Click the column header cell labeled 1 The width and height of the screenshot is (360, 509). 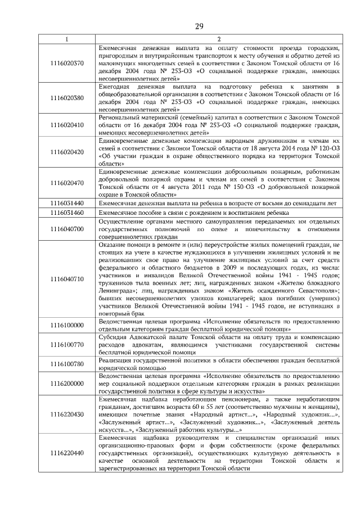coord(66,39)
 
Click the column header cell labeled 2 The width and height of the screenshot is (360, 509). coord(219,39)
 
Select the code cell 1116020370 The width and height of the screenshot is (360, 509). coord(66,63)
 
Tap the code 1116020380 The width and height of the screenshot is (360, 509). coord(66,98)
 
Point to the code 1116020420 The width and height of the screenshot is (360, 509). coord(66,152)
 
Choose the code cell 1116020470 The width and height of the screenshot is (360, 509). coord(66,183)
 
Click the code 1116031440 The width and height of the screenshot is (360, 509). coord(66,202)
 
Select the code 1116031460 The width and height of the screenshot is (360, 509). coord(66,213)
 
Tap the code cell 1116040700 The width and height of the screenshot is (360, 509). coord(66,229)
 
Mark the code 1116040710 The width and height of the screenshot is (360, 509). coord(66,278)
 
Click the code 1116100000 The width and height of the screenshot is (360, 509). coord(66,325)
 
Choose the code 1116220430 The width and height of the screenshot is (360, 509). coord(66,414)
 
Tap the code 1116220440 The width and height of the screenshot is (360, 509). coord(66,453)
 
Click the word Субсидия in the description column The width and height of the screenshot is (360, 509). coord(114,337)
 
